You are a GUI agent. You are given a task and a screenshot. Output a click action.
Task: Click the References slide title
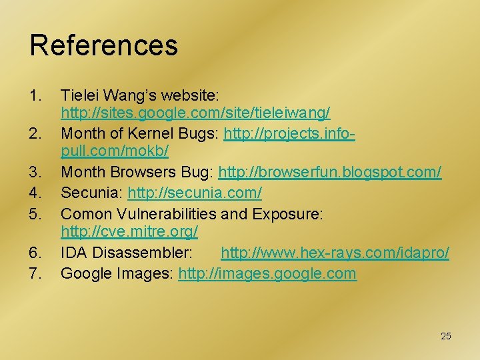tap(103, 45)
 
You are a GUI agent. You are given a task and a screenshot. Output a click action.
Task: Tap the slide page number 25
tap(445, 336)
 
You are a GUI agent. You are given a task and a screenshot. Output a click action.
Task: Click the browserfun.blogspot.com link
tap(330, 173)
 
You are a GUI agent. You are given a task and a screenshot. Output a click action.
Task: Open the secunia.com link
tap(195, 193)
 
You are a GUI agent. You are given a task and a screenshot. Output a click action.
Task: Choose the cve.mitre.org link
tap(129, 233)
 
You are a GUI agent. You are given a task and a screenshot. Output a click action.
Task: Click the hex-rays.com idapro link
tap(335, 253)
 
